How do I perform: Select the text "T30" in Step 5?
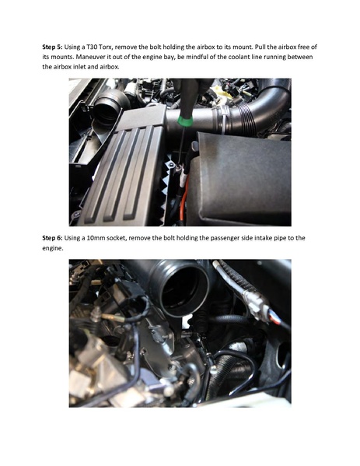[x=108, y=47]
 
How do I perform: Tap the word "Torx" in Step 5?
[x=125, y=47]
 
